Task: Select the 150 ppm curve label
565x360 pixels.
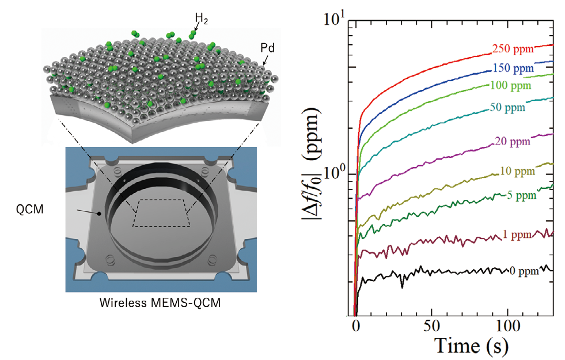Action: point(513,69)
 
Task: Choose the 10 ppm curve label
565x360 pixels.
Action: point(515,172)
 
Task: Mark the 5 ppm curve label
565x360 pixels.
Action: point(522,195)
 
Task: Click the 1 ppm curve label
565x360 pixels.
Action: point(523,234)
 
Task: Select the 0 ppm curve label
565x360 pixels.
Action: point(524,270)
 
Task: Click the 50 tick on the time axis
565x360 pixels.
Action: point(432,327)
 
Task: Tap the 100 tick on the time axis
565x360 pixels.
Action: point(507,327)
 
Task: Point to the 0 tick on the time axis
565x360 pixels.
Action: point(356,327)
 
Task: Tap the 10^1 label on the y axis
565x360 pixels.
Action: point(333,22)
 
